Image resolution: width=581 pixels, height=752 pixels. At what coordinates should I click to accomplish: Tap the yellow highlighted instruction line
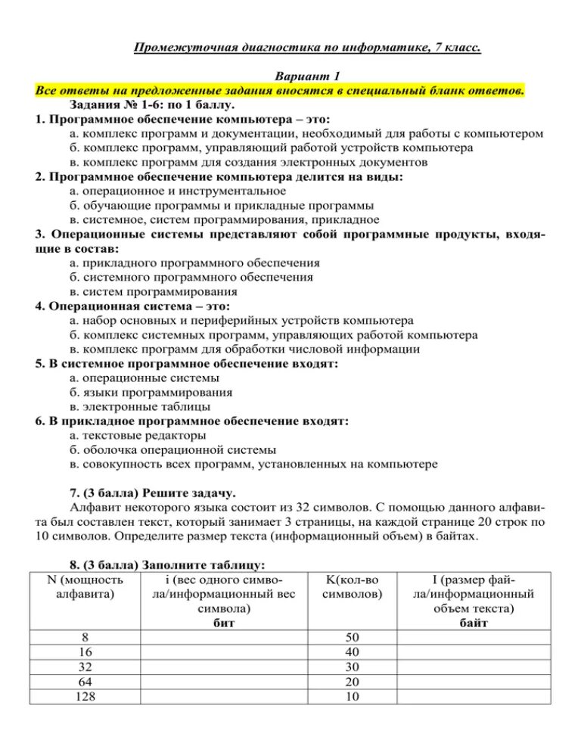click(279, 91)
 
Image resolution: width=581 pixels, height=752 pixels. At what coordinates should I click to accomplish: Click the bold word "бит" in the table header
click(224, 623)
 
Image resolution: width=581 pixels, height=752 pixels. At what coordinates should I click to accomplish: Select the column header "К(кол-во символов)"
click(352, 587)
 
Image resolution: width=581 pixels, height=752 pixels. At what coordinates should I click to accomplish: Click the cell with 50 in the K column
click(351, 637)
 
